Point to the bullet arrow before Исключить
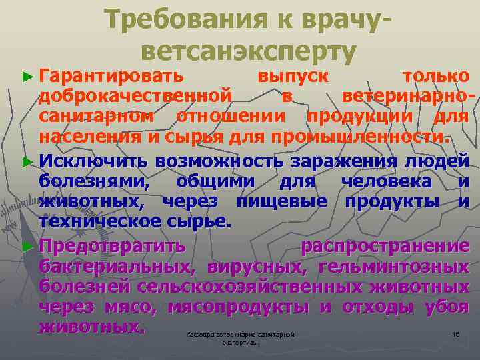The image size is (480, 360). [x=27, y=162]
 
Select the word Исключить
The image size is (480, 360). [x=93, y=161]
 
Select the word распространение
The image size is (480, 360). [x=385, y=246]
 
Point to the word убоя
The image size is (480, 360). [x=447, y=307]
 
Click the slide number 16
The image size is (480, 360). [x=456, y=333]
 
